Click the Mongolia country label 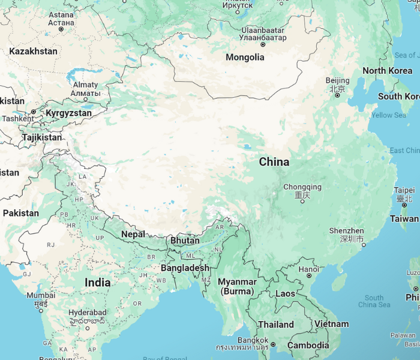click(x=245, y=58)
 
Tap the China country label click(x=274, y=162)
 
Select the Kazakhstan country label click(x=33, y=52)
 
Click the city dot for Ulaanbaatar click(x=263, y=44)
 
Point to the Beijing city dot click(x=337, y=95)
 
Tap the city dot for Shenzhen click(x=363, y=244)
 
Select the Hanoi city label click(x=308, y=269)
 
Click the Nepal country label click(x=133, y=234)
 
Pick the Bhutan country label click(x=185, y=241)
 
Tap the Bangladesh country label click(x=185, y=268)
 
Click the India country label click(x=97, y=283)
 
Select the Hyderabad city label click(x=87, y=313)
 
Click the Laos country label click(x=285, y=294)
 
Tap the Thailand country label click(x=276, y=325)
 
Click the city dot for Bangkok click(x=272, y=344)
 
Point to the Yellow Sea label click(x=388, y=115)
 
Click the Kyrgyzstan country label click(x=69, y=113)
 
